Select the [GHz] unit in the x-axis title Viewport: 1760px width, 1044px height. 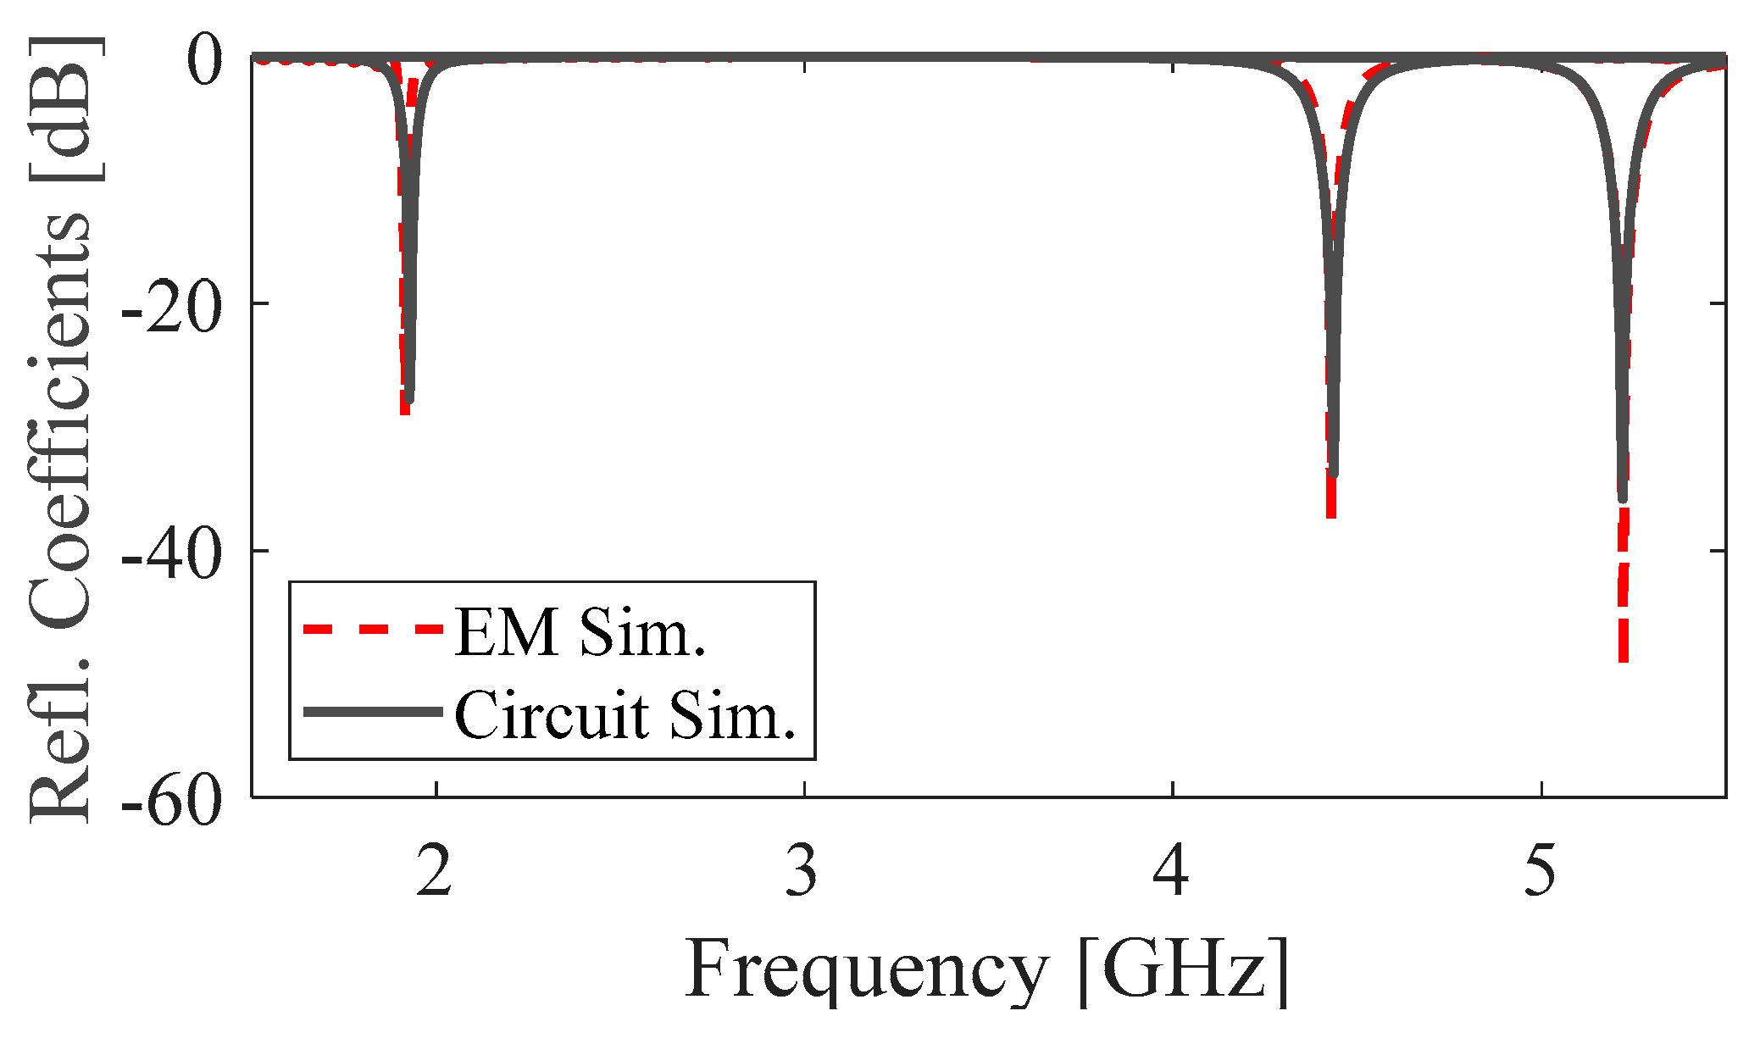1183,971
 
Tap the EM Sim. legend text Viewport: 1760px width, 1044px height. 580,632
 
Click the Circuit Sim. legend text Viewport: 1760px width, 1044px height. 625,715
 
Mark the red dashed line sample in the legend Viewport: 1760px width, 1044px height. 373,629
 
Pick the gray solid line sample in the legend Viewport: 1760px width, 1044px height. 373,712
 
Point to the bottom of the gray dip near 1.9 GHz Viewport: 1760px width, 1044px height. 409,398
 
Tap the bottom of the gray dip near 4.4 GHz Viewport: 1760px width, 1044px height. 1334,473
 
